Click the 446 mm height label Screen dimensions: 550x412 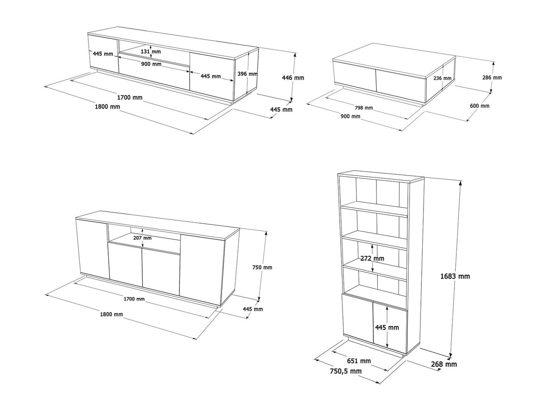point(293,78)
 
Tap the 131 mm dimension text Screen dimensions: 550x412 point(151,52)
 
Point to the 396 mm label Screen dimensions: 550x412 point(247,74)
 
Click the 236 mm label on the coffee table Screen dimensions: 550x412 point(443,78)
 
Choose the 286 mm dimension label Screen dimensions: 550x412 point(492,77)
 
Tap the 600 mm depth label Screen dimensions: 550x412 point(480,106)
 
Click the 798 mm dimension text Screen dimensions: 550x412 point(364,108)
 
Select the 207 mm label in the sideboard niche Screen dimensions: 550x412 point(142,238)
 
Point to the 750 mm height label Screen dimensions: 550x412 point(262,267)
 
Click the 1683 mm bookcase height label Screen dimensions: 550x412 point(455,276)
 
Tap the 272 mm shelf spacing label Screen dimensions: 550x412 point(372,259)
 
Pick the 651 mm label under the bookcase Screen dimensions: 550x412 point(359,361)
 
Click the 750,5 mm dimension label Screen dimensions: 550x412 point(346,371)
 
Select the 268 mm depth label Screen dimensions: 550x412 point(444,364)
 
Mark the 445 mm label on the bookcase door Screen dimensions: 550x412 point(387,327)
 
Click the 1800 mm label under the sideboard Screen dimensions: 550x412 point(111,314)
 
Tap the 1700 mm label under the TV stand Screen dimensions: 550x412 point(130,97)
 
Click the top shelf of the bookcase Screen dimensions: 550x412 point(375,210)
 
